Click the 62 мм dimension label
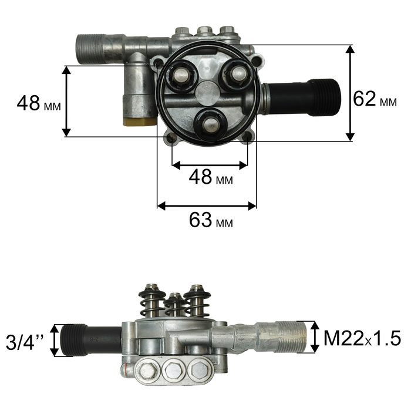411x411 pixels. (x=375, y=99)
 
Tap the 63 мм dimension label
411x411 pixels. (x=211, y=220)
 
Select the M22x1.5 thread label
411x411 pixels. (x=362, y=338)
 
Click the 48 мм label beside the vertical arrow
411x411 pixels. (x=39, y=103)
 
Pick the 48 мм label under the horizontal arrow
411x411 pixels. (x=211, y=177)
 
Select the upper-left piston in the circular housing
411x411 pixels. (x=181, y=76)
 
